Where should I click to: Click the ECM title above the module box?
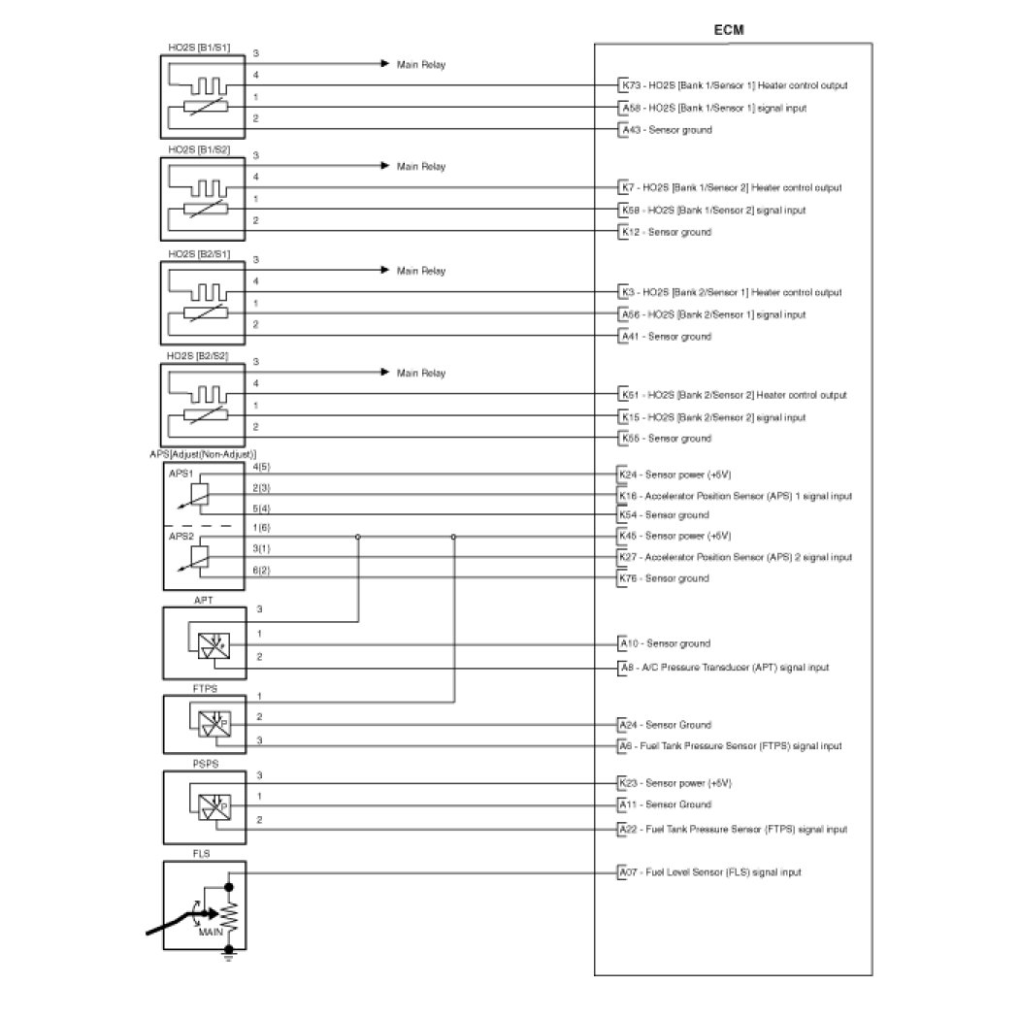tap(729, 30)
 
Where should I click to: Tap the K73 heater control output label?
tap(735, 85)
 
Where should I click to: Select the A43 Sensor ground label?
tap(667, 130)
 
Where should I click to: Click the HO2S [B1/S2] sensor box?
tap(203, 199)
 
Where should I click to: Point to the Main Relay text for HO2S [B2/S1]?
tap(421, 271)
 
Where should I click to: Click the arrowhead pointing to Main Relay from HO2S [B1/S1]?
tap(384, 64)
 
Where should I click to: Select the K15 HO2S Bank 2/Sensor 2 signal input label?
tap(713, 417)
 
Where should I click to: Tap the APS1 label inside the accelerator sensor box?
tap(181, 474)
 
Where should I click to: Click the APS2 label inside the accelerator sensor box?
tap(181, 536)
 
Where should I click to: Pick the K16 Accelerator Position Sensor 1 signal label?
tap(736, 496)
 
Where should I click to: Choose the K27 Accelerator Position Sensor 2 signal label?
tap(736, 557)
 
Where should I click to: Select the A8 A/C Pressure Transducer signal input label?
tap(725, 668)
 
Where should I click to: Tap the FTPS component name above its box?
tap(205, 688)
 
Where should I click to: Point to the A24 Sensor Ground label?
tap(666, 725)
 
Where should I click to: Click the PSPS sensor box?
tap(205, 807)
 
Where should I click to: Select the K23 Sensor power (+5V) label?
tap(675, 783)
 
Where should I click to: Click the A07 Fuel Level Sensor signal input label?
tap(710, 872)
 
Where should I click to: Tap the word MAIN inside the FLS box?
tap(211, 932)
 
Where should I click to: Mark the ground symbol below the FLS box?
tap(229, 955)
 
